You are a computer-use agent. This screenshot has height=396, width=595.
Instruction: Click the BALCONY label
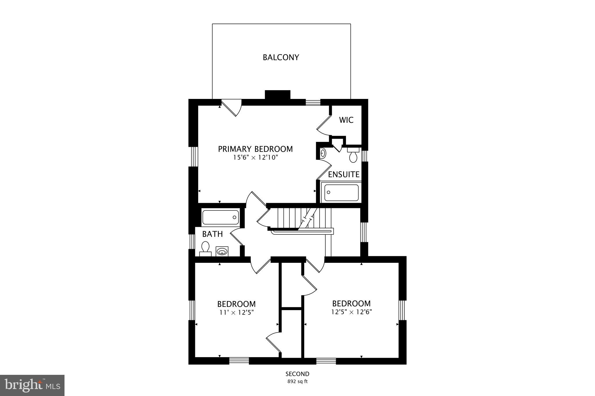click(x=281, y=57)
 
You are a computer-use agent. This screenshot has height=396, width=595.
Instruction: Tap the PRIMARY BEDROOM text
click(x=255, y=149)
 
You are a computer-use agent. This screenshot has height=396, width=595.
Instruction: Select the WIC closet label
click(x=346, y=120)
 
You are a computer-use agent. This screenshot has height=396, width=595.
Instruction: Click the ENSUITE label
click(x=344, y=174)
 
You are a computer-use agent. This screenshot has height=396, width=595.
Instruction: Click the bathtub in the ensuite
click(x=341, y=192)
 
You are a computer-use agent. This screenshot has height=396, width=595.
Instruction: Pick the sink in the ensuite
click(x=323, y=153)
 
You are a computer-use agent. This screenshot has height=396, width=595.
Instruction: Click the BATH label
click(x=212, y=234)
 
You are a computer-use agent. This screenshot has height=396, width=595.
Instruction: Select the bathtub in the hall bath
click(x=221, y=217)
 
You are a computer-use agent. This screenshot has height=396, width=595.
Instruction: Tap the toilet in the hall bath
click(x=205, y=248)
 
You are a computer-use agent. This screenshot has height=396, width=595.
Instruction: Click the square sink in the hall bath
click(x=222, y=251)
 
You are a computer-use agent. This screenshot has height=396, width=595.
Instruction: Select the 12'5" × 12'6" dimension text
click(x=352, y=312)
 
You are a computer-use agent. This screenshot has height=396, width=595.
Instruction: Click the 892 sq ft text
click(x=297, y=381)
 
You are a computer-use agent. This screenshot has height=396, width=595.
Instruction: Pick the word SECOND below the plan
click(x=297, y=374)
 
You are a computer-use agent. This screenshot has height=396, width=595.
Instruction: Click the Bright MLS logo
click(x=32, y=385)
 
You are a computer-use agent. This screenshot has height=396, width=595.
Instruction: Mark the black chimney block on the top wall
click(x=277, y=95)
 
